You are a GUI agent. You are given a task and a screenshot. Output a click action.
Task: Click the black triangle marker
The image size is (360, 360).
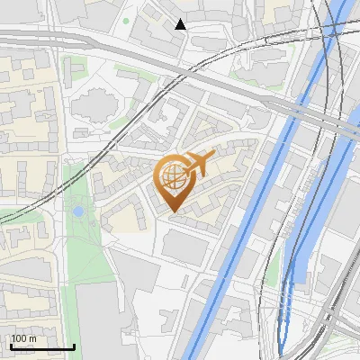click(x=181, y=24)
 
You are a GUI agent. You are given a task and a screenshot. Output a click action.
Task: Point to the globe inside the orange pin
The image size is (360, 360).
click(x=171, y=176)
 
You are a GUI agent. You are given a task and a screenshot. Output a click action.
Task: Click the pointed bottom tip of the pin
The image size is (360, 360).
click(x=172, y=212)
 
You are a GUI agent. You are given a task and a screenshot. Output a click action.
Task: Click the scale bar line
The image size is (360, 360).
click(x=41, y=346)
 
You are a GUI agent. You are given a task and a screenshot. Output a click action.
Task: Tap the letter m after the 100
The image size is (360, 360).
click(x=32, y=338)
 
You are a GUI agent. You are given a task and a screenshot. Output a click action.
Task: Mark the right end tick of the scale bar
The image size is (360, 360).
click(x=74, y=345)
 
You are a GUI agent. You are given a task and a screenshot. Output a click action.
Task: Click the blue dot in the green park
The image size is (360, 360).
click(x=78, y=211)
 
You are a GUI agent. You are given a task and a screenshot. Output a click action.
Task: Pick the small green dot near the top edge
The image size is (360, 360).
click(x=126, y=20)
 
